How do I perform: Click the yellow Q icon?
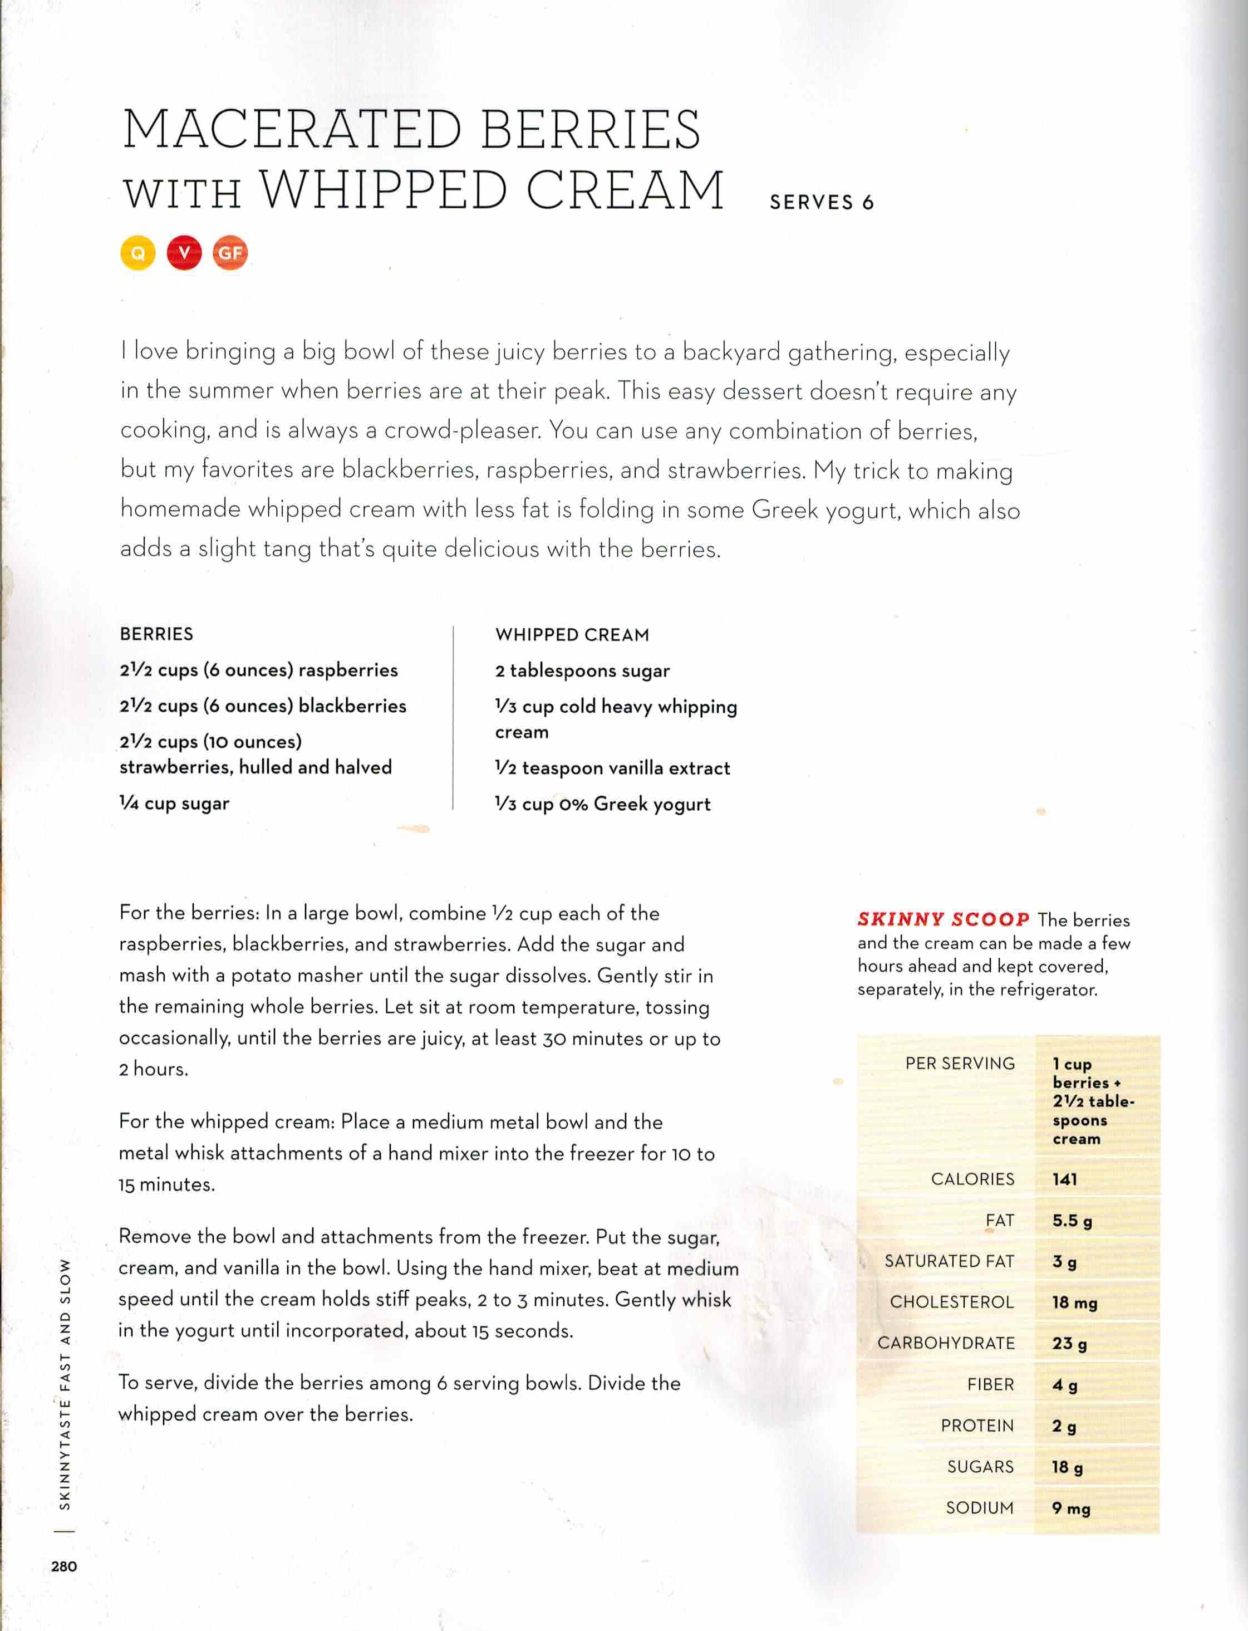[137, 253]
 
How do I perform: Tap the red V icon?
[184, 253]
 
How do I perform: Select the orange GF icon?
[230, 253]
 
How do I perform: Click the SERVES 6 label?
[822, 202]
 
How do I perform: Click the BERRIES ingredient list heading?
[157, 634]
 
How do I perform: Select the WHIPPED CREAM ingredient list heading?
[572, 635]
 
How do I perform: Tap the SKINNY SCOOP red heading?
[944, 919]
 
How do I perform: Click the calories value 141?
[1064, 1179]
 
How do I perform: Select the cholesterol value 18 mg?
[1075, 1302]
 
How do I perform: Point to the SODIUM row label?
[980, 1507]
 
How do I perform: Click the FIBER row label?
[990, 1384]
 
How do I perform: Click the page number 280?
[64, 1566]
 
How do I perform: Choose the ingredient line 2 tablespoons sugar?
[582, 671]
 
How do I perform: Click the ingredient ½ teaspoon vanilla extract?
[613, 767]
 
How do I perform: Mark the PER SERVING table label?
[960, 1064]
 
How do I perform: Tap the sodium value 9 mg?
[1071, 1508]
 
